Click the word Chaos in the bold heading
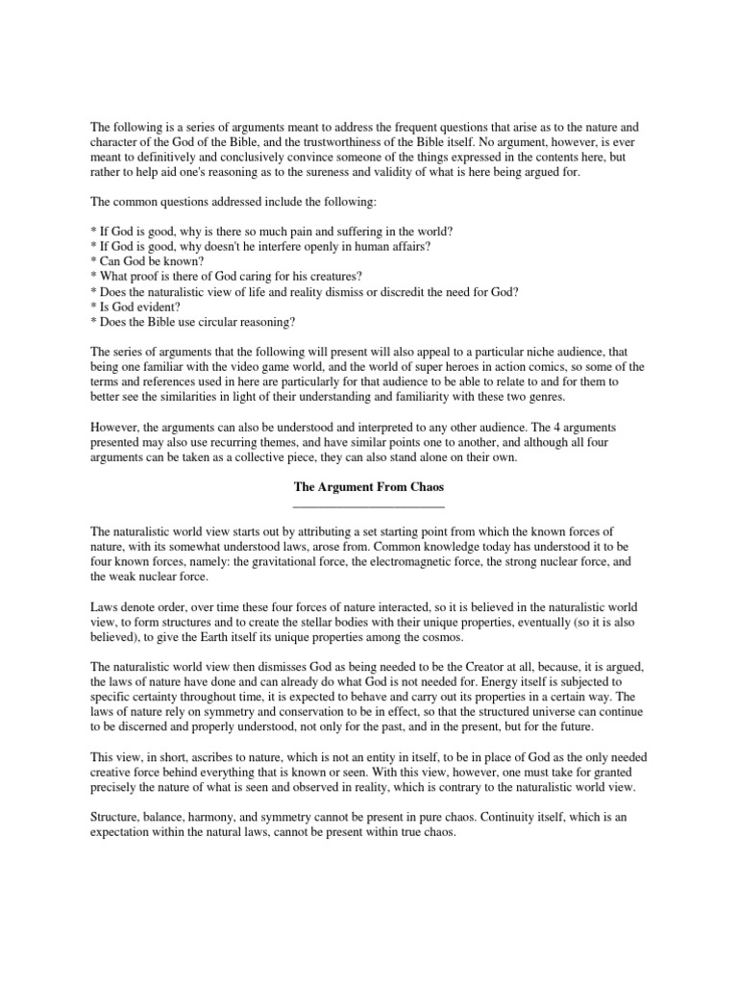[424, 487]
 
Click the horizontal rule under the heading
[368, 504]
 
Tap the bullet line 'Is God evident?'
[135, 307]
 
